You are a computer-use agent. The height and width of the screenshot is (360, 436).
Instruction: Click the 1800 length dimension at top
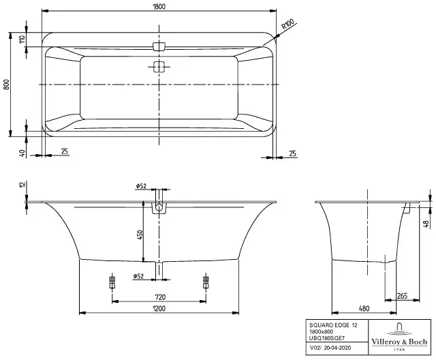(x=159, y=6)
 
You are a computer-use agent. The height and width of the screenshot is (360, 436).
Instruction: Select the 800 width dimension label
(x=6, y=85)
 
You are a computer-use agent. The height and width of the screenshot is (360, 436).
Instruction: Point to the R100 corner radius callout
(x=287, y=25)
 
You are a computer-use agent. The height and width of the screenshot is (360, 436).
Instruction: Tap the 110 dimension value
(x=22, y=39)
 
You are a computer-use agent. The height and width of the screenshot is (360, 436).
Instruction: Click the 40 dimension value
(x=22, y=153)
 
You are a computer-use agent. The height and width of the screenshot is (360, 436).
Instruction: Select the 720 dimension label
(x=160, y=297)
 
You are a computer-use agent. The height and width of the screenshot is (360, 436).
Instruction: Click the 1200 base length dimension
(x=159, y=308)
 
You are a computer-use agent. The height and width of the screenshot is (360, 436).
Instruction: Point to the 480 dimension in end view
(x=364, y=308)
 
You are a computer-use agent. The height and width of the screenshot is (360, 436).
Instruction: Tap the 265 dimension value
(x=402, y=296)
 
